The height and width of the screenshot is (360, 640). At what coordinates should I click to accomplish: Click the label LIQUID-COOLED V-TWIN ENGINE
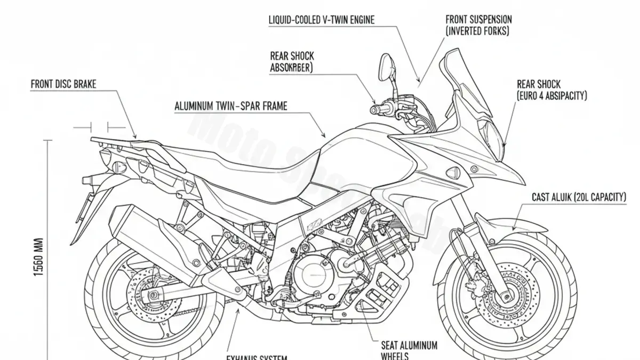(x=322, y=20)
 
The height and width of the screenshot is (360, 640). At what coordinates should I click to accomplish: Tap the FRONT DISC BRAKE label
(x=63, y=84)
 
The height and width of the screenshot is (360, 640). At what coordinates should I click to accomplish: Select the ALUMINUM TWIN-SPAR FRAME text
(x=230, y=106)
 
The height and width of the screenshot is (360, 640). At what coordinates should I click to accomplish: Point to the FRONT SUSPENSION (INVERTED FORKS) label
(x=478, y=25)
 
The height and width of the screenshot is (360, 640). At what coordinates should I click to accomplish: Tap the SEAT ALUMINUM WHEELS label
(x=409, y=350)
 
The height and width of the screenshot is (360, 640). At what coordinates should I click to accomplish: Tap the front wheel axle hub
(x=503, y=293)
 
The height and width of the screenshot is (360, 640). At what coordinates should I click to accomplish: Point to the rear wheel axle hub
(x=153, y=294)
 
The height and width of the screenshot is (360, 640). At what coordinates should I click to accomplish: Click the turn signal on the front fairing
(x=452, y=172)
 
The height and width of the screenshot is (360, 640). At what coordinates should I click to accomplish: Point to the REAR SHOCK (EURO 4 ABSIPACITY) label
(x=551, y=90)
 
